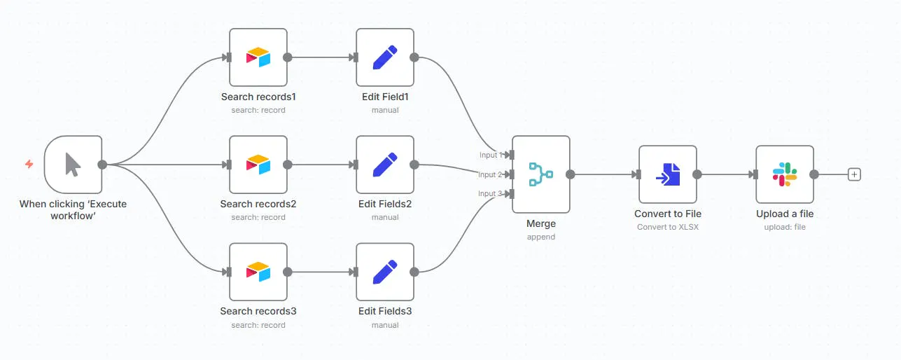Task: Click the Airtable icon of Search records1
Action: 258,57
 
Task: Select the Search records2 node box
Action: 258,165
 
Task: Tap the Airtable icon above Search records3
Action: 258,272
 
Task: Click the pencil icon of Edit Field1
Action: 385,57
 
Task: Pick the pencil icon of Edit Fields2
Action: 385,165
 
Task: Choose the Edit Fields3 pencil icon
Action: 385,272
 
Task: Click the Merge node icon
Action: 541,174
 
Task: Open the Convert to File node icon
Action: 668,174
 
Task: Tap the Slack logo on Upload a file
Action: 785,174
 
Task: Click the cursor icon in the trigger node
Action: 73,165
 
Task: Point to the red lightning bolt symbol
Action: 29,164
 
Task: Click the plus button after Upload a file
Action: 854,174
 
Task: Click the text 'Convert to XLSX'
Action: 668,227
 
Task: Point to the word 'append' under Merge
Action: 541,237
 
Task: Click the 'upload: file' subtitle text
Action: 785,227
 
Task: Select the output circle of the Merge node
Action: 570,174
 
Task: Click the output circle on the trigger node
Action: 102,165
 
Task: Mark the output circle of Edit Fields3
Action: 414,272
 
